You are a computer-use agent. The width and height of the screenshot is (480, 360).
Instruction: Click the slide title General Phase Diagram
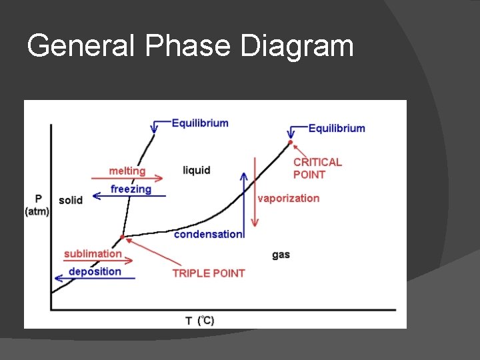tap(190, 47)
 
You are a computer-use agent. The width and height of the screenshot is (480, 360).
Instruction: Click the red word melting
tap(127, 171)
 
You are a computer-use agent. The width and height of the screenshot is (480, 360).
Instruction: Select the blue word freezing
tap(131, 189)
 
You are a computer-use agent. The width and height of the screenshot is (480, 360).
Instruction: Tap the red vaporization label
tap(288, 198)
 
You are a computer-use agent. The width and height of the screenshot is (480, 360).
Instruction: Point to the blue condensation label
tap(208, 234)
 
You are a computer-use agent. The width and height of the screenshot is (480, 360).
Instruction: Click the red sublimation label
tap(93, 253)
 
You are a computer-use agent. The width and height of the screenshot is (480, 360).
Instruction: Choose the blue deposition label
tap(95, 271)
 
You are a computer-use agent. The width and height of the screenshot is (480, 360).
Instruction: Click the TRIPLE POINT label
tap(208, 273)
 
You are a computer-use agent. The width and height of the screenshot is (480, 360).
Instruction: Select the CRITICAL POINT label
tap(317, 168)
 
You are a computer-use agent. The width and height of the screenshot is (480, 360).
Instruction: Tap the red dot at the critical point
tap(290, 142)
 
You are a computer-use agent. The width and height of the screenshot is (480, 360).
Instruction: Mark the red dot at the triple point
tap(122, 237)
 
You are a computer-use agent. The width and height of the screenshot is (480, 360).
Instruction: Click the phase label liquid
tap(196, 171)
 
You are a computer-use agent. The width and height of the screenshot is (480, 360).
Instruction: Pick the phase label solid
tap(71, 200)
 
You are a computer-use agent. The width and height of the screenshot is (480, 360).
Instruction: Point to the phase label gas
tap(281, 255)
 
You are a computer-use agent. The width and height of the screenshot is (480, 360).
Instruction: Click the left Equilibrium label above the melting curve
tap(200, 123)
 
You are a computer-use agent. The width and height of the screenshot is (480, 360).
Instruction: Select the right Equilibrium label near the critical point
tap(337, 128)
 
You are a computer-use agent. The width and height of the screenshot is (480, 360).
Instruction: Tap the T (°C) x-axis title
tap(199, 321)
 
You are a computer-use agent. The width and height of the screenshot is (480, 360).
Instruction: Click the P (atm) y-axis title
tap(38, 205)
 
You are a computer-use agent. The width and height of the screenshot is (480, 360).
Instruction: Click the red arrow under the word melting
tap(127, 179)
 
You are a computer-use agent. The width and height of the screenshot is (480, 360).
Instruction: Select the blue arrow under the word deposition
tap(94, 279)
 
